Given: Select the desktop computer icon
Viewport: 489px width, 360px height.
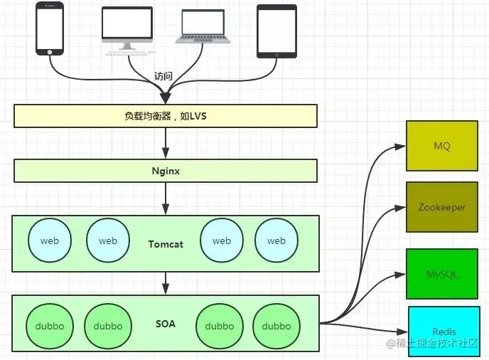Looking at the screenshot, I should coord(127,28).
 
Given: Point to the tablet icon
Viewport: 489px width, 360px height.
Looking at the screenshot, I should coord(276,31).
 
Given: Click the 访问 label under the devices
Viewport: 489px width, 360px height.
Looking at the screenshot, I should coord(163,76).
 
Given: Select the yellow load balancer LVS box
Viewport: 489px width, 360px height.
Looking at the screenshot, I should coord(166,115).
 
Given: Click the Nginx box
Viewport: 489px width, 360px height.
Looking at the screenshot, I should coord(166,171).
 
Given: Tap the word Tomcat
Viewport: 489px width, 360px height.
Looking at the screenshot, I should coord(166,244).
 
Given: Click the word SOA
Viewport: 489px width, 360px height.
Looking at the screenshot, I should coord(166,324).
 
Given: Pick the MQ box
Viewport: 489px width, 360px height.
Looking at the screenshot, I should coord(442,146).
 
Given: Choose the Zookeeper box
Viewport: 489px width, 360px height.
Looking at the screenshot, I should coord(442,207).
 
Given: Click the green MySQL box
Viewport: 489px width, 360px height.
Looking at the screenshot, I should coord(442,273).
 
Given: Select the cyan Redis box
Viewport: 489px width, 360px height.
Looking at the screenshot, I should coord(444,332).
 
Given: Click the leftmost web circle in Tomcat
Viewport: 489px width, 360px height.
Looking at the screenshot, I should coord(50,241).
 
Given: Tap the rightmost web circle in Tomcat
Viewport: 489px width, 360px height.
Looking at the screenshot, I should coord(276,241).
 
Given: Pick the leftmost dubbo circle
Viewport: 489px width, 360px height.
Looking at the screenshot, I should coord(49,326).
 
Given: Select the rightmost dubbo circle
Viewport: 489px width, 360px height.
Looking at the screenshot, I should coord(276,326).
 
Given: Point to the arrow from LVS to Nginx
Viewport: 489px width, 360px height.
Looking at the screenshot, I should coord(166,143).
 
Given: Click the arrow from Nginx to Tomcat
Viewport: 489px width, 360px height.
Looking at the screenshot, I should coord(166,198).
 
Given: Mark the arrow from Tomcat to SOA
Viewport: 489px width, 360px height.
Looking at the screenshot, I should coord(166,282).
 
